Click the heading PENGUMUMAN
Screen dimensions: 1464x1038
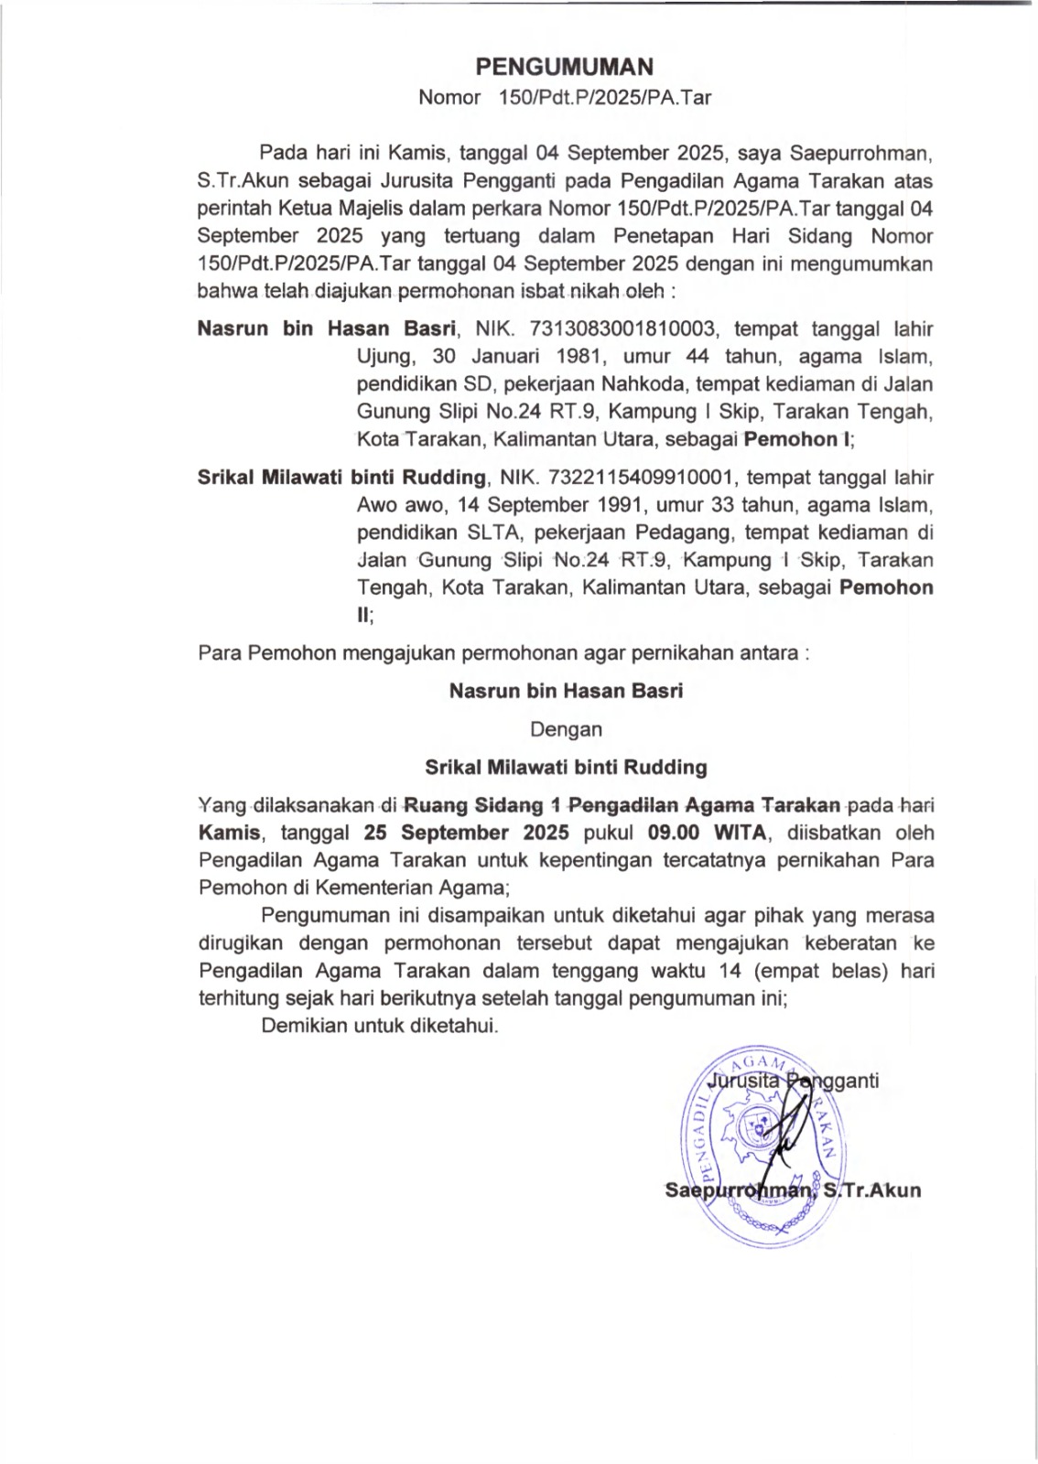coord(564,67)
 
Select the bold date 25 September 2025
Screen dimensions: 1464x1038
coord(466,833)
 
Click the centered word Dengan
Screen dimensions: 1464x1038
coord(567,730)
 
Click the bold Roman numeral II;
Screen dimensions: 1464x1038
coord(365,616)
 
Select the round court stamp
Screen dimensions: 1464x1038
coord(760,1148)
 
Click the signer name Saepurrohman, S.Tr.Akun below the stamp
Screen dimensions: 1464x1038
coord(793,1190)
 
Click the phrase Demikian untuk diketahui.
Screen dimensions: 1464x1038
coord(380,1026)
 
